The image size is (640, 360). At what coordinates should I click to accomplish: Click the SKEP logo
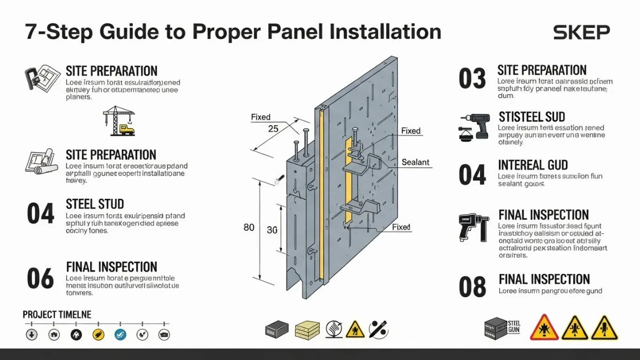tap(581, 33)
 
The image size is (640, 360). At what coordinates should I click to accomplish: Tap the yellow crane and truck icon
tap(119, 121)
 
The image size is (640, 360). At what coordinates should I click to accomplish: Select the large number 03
tap(472, 79)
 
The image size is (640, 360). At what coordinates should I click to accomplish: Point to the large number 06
tap(41, 278)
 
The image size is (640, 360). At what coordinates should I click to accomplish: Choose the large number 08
tap(472, 287)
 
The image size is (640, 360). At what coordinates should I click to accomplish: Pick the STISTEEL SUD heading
tap(531, 117)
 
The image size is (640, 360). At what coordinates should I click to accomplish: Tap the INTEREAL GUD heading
tap(532, 165)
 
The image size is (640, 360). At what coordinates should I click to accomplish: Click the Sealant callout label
tap(415, 162)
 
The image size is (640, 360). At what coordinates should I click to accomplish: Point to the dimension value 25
tap(273, 129)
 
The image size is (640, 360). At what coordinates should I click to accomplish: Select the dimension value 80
tap(249, 228)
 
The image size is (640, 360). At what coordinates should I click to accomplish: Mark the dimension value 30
tap(272, 230)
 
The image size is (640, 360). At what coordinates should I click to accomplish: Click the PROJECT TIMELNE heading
tap(57, 315)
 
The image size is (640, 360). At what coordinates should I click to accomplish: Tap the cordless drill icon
tap(473, 126)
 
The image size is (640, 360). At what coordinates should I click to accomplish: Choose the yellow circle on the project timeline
tap(98, 334)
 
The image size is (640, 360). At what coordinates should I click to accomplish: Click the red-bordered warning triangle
tap(544, 327)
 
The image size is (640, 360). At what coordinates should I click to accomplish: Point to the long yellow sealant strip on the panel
tap(322, 197)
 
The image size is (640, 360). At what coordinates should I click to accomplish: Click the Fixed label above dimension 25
tap(260, 117)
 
